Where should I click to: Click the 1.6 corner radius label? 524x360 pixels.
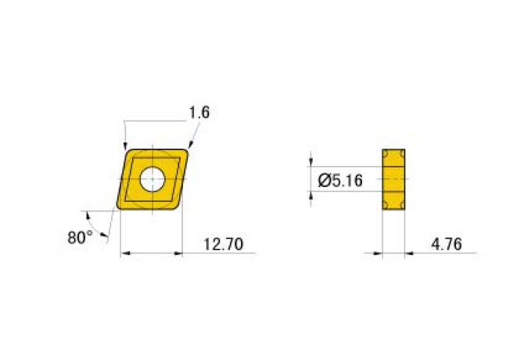pyautogui.click(x=199, y=113)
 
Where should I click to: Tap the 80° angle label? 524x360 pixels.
pyautogui.click(x=80, y=237)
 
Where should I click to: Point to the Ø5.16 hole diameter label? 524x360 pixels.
pyautogui.click(x=340, y=181)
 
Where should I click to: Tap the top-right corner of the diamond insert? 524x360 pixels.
pyautogui.click(x=188, y=150)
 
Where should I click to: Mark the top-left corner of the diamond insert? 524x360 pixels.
pyautogui.click(x=129, y=150)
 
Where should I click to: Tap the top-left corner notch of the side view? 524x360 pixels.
pyautogui.click(x=386, y=153)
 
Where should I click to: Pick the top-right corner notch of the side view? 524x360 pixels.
pyautogui.click(x=403, y=153)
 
